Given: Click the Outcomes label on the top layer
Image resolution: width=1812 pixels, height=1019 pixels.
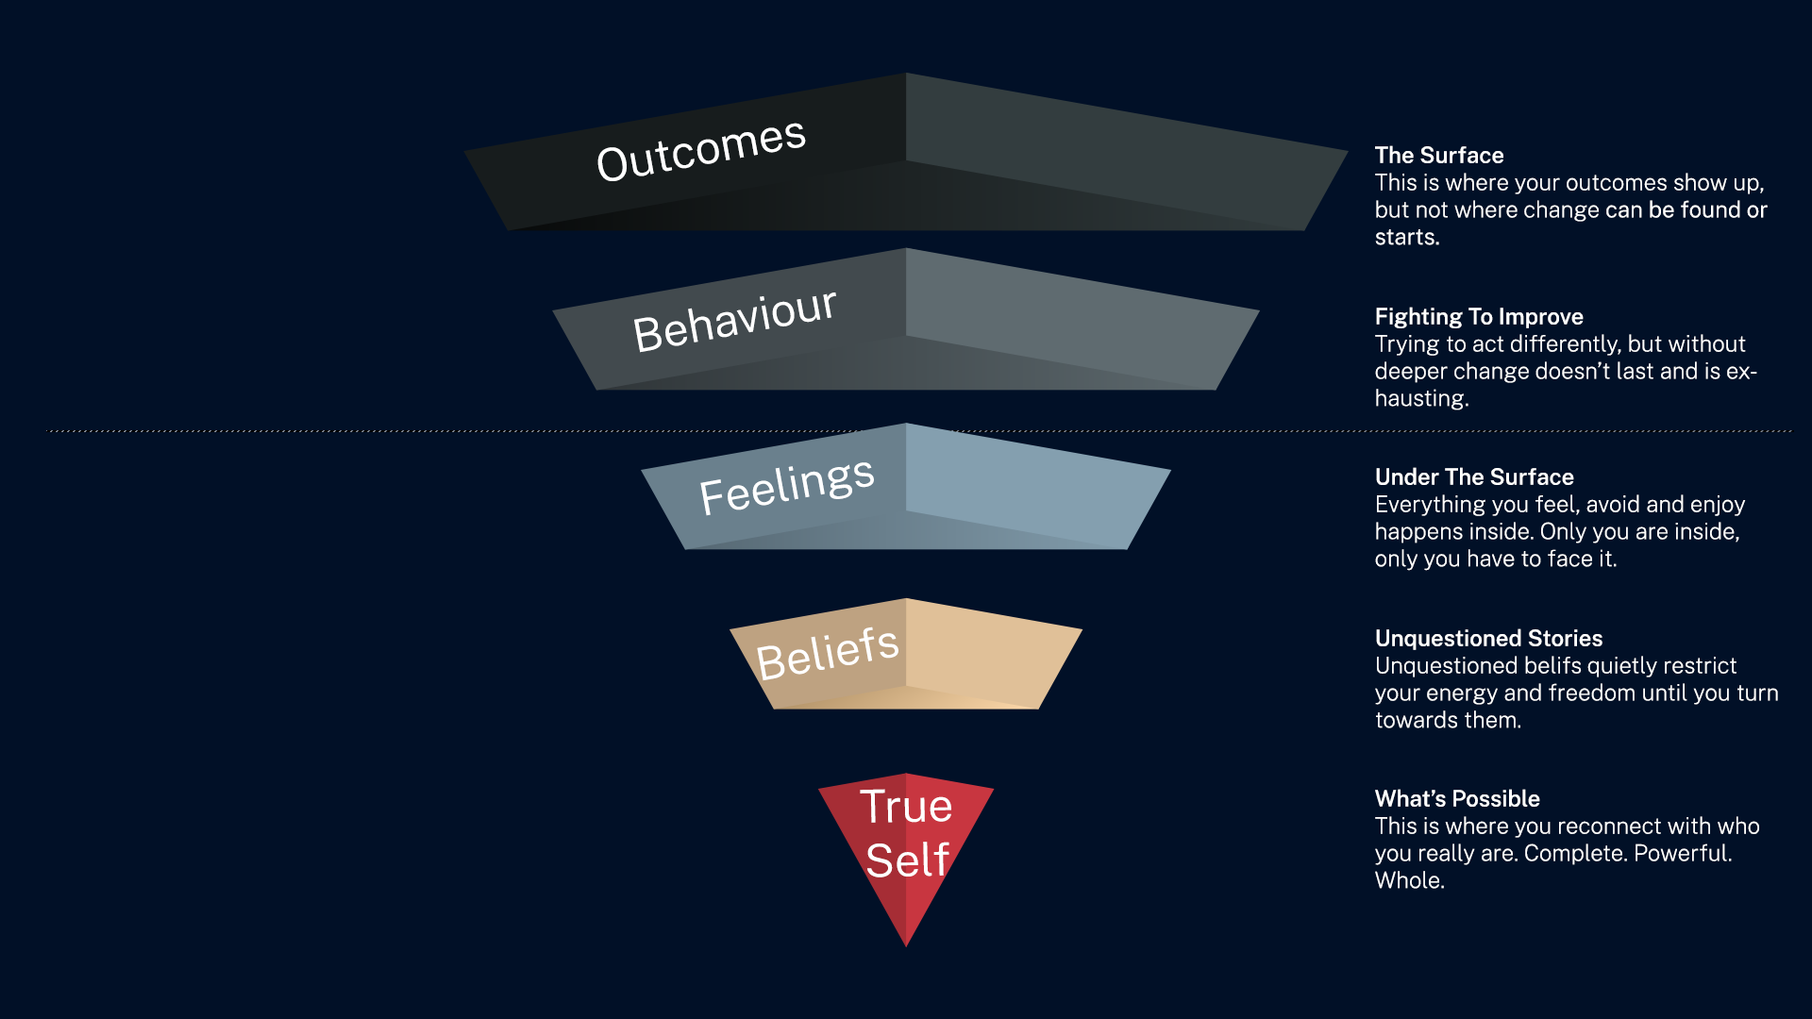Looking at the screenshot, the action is tap(701, 150).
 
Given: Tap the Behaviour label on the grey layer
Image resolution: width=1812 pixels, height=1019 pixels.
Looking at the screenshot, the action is tap(734, 321).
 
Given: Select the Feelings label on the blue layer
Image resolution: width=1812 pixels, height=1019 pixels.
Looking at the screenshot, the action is tap(786, 486).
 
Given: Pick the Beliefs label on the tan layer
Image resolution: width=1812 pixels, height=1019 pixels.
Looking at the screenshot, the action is tap(827, 653).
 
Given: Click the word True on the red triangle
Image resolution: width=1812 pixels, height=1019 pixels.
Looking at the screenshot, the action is tap(906, 808).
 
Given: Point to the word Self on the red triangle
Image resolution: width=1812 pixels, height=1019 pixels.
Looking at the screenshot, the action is tap(907, 860).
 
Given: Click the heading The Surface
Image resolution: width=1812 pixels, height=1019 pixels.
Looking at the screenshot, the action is tap(1438, 156).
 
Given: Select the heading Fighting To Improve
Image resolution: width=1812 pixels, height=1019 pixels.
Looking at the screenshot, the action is tap(1478, 317).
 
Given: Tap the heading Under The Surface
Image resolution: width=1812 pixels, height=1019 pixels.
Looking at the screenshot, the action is tap(1473, 477).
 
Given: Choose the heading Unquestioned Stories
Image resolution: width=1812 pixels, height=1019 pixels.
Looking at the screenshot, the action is tap(1488, 639).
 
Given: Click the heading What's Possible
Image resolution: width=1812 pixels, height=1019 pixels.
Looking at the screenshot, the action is tap(1456, 799).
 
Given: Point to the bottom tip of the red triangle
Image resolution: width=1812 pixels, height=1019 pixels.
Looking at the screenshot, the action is tap(906, 944).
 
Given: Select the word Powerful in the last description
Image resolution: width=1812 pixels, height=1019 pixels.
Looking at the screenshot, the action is tap(1682, 854).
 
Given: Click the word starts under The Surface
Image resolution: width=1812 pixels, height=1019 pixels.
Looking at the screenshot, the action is tap(1406, 238).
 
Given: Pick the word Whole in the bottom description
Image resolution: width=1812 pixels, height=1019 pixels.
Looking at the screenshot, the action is tap(1409, 881).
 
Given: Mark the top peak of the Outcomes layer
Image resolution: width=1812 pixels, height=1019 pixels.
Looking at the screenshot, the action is tap(906, 75).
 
